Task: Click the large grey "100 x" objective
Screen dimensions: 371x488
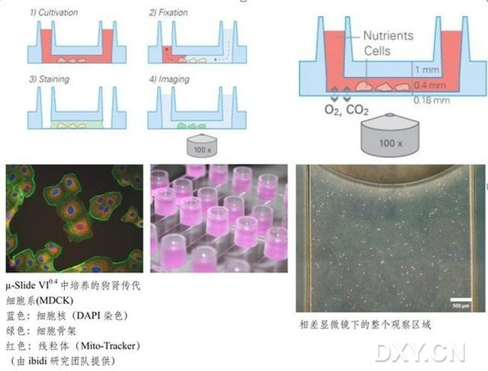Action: point(389,141)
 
